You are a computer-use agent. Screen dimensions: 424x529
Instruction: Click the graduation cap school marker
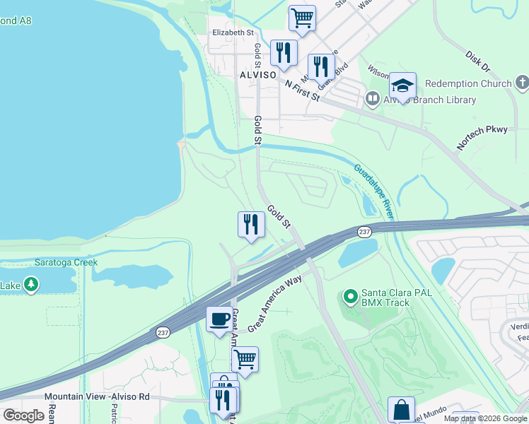[402, 86]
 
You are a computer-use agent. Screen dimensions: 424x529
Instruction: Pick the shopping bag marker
[401, 409]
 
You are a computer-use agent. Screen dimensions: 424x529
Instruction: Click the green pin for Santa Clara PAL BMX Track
[349, 297]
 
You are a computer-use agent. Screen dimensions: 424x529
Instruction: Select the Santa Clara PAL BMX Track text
[385, 298]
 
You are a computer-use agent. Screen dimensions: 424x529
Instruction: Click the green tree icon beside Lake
[30, 285]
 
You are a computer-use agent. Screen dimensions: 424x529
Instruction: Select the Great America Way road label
[275, 305]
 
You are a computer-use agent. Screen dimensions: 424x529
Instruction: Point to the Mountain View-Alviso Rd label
[98, 396]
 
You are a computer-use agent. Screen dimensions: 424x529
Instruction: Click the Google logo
[23, 416]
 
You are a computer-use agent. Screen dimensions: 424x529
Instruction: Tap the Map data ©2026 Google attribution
[484, 418]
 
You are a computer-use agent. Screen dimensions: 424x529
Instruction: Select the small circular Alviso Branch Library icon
[372, 100]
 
